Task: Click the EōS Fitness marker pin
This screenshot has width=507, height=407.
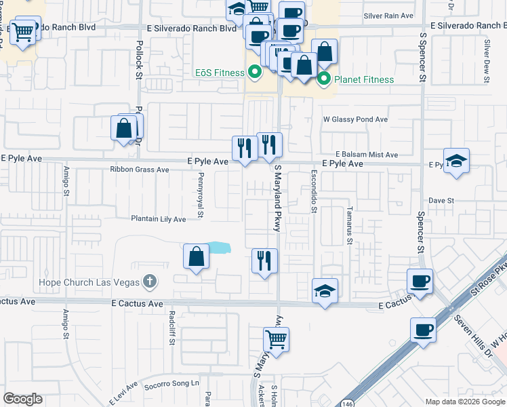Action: pyautogui.click(x=255, y=71)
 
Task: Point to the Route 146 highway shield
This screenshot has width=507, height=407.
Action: pyautogui.click(x=347, y=402)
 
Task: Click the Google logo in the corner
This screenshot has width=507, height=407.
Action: pyautogui.click(x=22, y=399)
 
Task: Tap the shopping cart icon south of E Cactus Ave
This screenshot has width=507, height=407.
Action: pyautogui.click(x=277, y=338)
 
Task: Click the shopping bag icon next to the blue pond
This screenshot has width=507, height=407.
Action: pyautogui.click(x=196, y=256)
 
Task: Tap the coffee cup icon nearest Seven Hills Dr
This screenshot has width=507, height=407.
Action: pyautogui.click(x=423, y=330)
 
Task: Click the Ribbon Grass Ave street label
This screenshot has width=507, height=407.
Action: pyautogui.click(x=139, y=170)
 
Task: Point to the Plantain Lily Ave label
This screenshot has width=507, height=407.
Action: pyautogui.click(x=158, y=219)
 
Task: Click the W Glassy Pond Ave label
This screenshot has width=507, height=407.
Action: pyautogui.click(x=354, y=119)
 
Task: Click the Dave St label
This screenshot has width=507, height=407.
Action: pyautogui.click(x=441, y=200)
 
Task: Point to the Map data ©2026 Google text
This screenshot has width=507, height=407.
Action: pyautogui.click(x=464, y=402)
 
